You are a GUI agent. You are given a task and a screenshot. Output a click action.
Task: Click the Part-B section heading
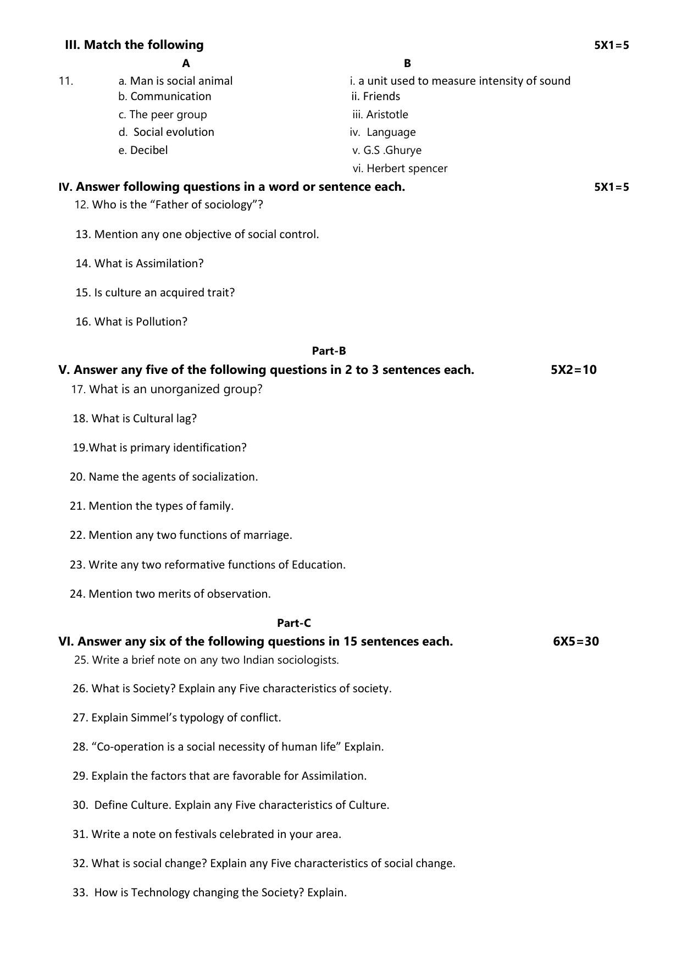pyautogui.click(x=329, y=351)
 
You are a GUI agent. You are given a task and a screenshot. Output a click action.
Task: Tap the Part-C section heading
pyautogui.click(x=293, y=623)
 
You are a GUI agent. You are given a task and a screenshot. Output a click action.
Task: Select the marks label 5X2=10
pyautogui.click(x=573, y=370)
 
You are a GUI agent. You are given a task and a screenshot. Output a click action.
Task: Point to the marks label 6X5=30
pyautogui.click(x=575, y=641)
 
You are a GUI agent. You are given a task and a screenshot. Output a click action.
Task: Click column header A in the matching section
pyautogui.click(x=186, y=63)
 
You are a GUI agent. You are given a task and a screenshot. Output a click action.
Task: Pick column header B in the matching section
pyautogui.click(x=407, y=63)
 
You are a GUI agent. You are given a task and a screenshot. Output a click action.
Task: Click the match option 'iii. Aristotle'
pyautogui.click(x=380, y=114)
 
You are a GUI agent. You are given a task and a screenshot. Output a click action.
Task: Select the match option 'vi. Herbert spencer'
pyautogui.click(x=400, y=168)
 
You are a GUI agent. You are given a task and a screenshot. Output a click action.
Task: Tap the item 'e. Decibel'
pyautogui.click(x=143, y=150)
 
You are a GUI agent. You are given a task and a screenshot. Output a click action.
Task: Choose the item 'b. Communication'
pyautogui.click(x=165, y=96)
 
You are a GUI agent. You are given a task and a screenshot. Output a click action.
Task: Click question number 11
pyautogui.click(x=65, y=81)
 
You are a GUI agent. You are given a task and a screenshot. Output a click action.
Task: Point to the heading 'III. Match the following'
pyautogui.click(x=134, y=45)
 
